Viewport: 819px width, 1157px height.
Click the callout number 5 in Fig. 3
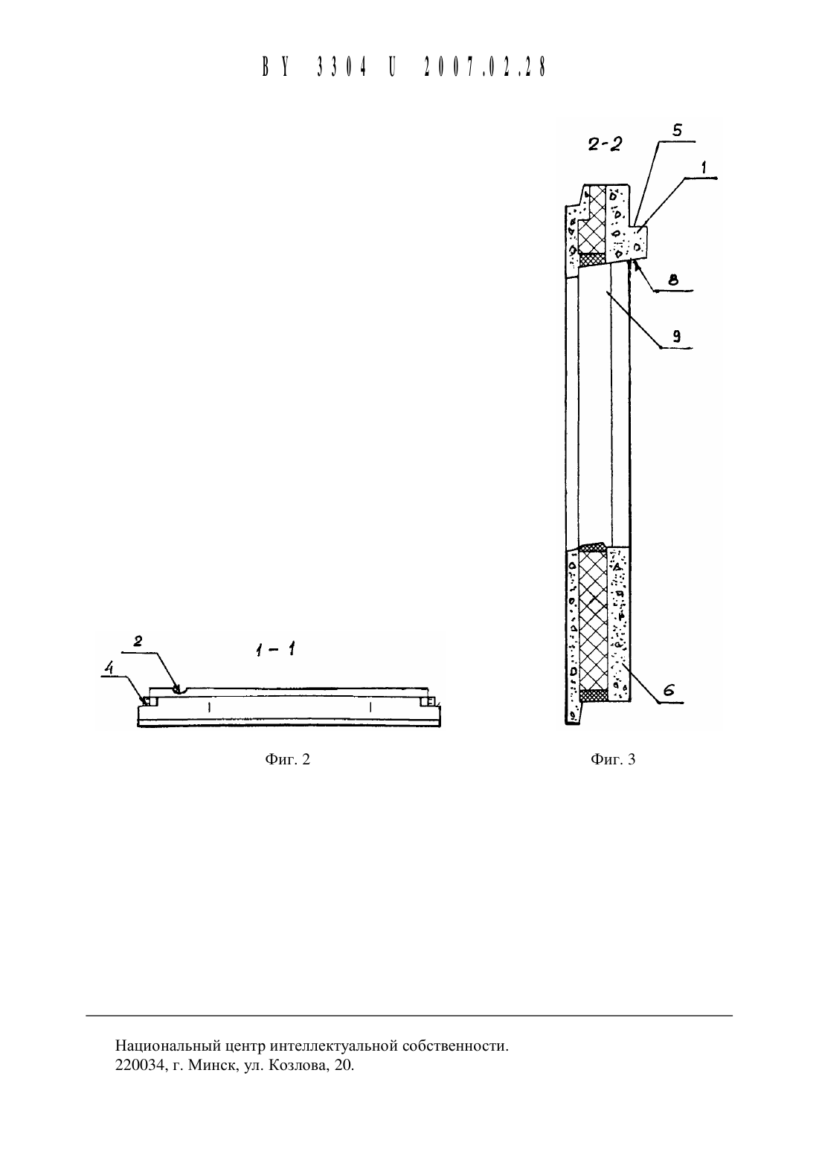tap(676, 130)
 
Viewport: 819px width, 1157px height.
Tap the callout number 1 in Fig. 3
tap(703, 167)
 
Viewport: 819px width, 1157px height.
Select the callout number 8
tap(672, 281)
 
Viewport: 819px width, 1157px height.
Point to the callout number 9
tap(676, 337)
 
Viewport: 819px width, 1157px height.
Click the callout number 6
tap(669, 690)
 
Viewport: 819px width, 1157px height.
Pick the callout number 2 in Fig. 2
tap(138, 642)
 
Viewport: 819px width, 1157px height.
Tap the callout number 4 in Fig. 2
tap(109, 668)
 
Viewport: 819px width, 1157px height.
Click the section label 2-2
tap(605, 144)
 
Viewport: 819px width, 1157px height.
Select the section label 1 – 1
tap(275, 649)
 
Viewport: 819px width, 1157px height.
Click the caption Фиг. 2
tap(287, 758)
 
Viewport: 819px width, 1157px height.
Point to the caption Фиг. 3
tap(613, 758)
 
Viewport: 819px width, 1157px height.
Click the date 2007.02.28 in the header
tap(485, 67)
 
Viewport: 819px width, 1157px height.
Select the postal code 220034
tap(140, 1066)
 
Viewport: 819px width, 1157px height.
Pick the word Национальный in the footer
tap(170, 1046)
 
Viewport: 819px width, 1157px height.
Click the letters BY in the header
tap(275, 67)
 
